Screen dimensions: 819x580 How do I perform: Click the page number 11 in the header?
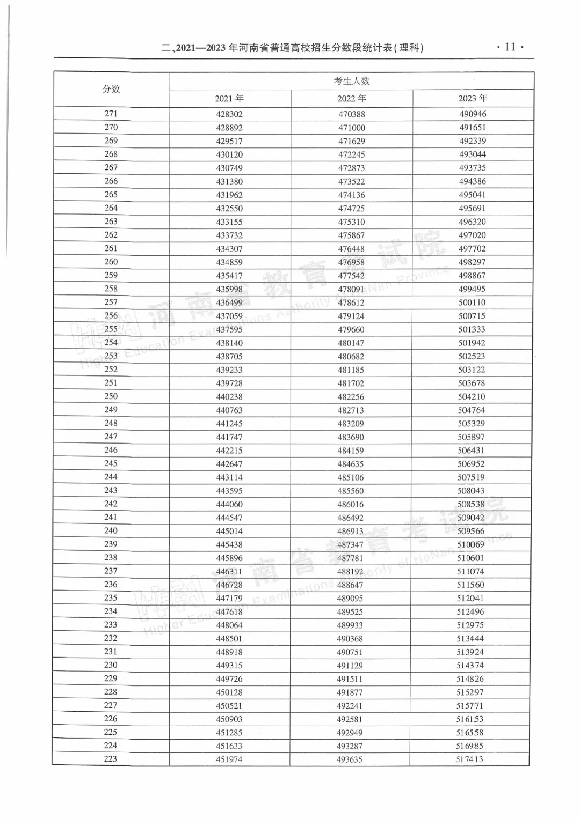coord(510,47)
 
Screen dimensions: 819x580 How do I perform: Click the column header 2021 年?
coord(229,98)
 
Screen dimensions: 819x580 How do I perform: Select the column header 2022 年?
coord(352,98)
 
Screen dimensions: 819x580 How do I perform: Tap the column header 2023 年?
coord(473,98)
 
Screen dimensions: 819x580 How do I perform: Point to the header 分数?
coord(111,89)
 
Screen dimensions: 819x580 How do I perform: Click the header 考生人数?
coord(352,81)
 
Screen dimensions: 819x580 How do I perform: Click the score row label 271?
coord(111,114)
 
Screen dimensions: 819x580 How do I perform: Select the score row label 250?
coord(111,396)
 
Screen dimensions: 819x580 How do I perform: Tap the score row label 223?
coord(111,759)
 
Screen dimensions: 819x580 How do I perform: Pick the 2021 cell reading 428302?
coord(229,114)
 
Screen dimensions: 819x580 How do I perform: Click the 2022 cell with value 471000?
coord(352,128)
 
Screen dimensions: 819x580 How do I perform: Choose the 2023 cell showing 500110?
coord(472,302)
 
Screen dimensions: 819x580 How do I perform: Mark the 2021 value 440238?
coord(229,397)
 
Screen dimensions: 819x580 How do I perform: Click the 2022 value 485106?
coord(351,477)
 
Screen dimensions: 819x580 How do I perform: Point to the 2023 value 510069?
coord(471,544)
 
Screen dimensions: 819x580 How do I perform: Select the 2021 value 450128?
coord(229,692)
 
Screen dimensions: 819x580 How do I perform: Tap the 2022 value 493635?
coord(350,759)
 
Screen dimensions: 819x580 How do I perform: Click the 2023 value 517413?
coord(470,759)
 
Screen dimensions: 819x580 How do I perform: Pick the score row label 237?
coord(111,571)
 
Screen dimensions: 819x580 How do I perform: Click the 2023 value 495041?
coord(473,195)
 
